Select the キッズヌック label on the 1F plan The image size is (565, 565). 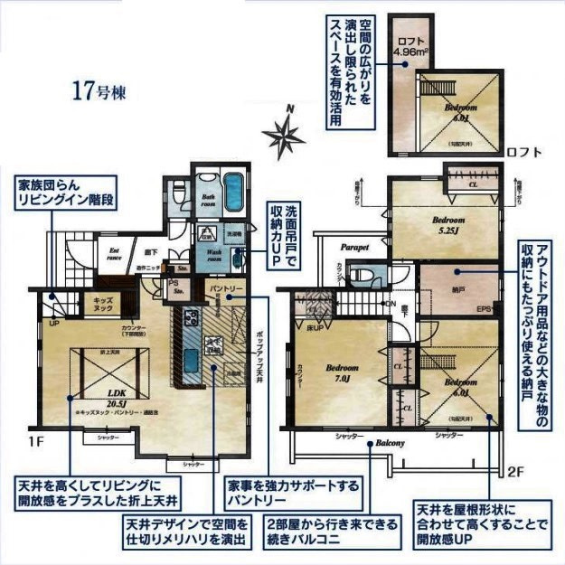(x=97, y=306)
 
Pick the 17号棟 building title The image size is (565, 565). (x=99, y=90)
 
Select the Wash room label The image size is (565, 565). (x=213, y=254)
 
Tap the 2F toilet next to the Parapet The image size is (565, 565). (x=363, y=275)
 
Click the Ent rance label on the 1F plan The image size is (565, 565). (x=115, y=253)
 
